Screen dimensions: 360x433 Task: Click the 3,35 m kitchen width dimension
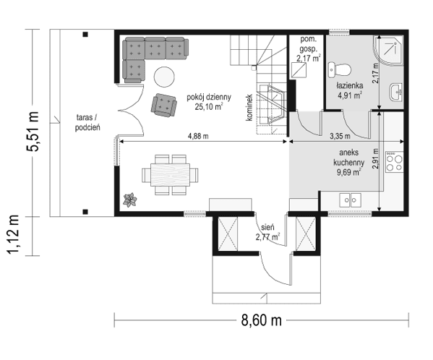click(x=339, y=135)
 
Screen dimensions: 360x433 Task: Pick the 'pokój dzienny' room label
click(x=207, y=99)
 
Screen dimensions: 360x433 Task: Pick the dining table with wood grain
click(x=167, y=174)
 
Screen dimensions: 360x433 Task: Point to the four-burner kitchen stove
click(x=395, y=162)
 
